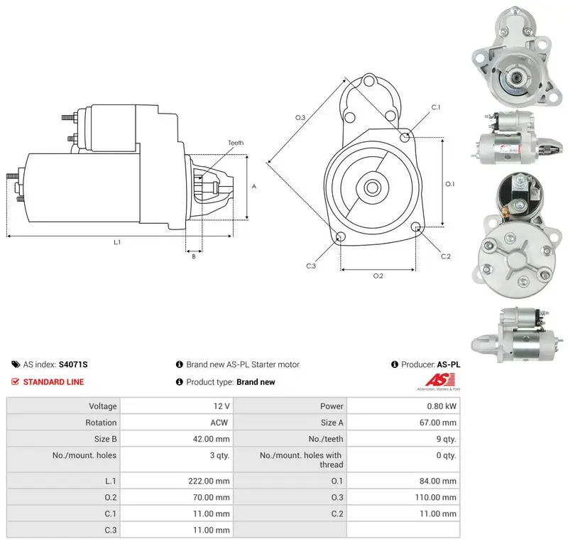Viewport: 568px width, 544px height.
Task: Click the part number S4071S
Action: click(x=73, y=364)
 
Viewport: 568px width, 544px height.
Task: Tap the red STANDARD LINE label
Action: click(x=54, y=381)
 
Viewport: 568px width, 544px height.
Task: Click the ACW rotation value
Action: click(x=219, y=423)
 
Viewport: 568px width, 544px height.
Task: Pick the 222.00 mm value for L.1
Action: click(x=209, y=481)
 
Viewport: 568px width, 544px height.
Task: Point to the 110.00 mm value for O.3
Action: click(x=436, y=497)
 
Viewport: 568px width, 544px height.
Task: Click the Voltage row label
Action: click(x=103, y=406)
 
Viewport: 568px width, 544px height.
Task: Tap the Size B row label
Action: click(x=105, y=439)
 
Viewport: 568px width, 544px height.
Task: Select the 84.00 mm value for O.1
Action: click(x=438, y=481)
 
